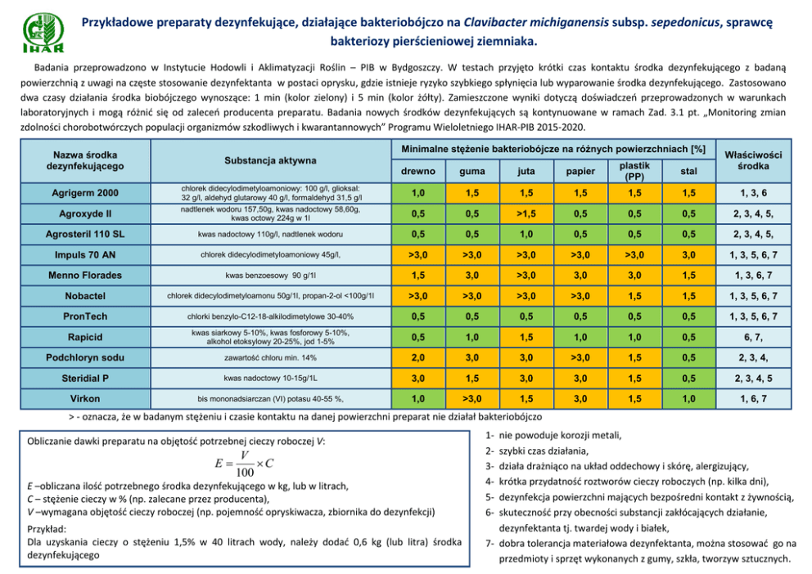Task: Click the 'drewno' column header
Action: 417,172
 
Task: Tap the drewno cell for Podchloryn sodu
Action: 417,357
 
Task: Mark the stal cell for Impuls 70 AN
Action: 684,255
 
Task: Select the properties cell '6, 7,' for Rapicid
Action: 752,337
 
